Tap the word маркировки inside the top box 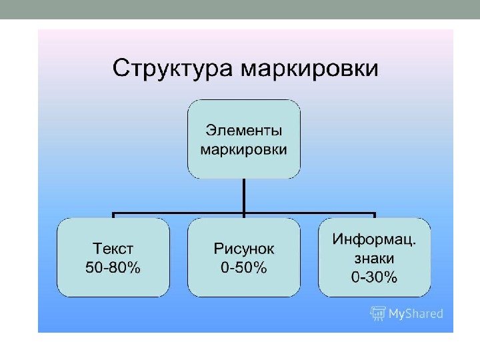244,149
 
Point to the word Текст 113,249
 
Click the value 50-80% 113,268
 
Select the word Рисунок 244,249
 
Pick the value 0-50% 244,268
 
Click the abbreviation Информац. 374,239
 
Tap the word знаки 374,258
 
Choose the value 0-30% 374,277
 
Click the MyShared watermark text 415,313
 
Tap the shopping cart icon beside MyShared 379,313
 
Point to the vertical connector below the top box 244,197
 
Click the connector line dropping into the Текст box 113,216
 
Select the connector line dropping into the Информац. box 375,216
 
